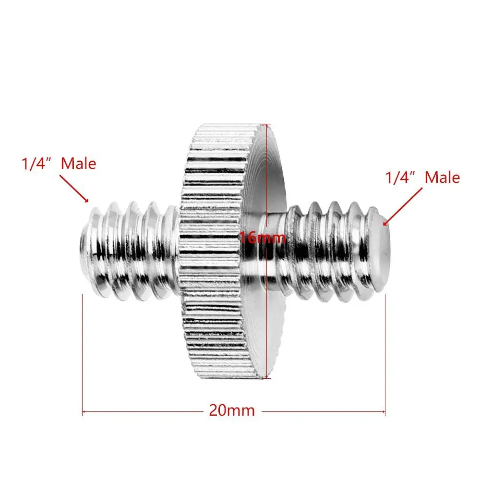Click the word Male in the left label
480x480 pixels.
[79, 164]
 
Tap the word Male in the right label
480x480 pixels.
[443, 178]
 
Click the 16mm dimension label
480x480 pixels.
[263, 237]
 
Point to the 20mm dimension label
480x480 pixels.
[231, 411]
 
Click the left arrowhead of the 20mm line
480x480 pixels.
[85, 411]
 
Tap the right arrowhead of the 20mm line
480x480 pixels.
[383, 411]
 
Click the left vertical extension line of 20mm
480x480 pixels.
[83, 355]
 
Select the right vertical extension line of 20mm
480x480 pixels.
[385, 355]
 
